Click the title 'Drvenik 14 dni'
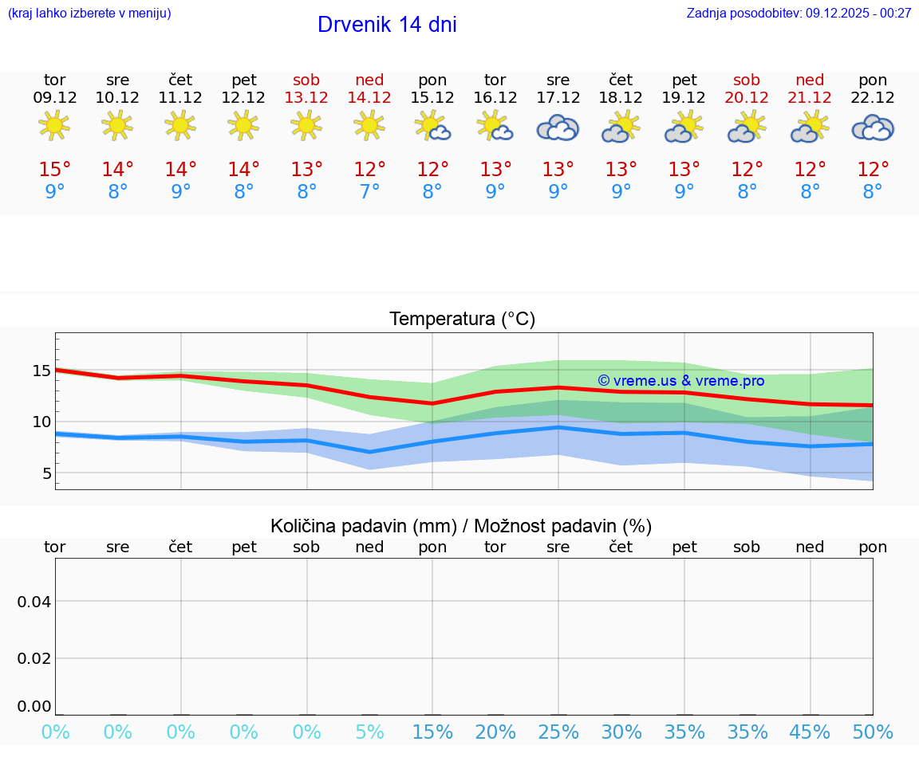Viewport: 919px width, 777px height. point(387,25)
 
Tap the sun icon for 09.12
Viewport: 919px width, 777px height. point(54,125)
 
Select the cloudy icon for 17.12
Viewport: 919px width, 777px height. point(558,128)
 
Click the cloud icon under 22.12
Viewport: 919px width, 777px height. point(873,128)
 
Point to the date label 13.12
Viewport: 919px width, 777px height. point(306,98)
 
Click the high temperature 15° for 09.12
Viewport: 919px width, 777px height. point(54,170)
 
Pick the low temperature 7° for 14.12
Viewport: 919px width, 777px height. point(369,192)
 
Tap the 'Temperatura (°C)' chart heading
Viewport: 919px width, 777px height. point(462,320)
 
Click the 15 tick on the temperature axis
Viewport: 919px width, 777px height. point(41,371)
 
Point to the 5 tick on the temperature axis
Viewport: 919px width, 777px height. point(46,473)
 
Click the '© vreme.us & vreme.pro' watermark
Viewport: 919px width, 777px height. point(680,381)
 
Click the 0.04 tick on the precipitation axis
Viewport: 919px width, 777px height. point(34,602)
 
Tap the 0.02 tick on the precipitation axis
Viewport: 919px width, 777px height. point(34,658)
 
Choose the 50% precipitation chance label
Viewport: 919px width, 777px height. point(873,732)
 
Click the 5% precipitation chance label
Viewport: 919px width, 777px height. point(369,732)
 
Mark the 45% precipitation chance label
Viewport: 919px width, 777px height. point(810,732)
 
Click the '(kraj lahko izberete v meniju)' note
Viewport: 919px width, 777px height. point(89,13)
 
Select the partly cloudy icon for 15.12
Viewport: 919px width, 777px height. point(432,126)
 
